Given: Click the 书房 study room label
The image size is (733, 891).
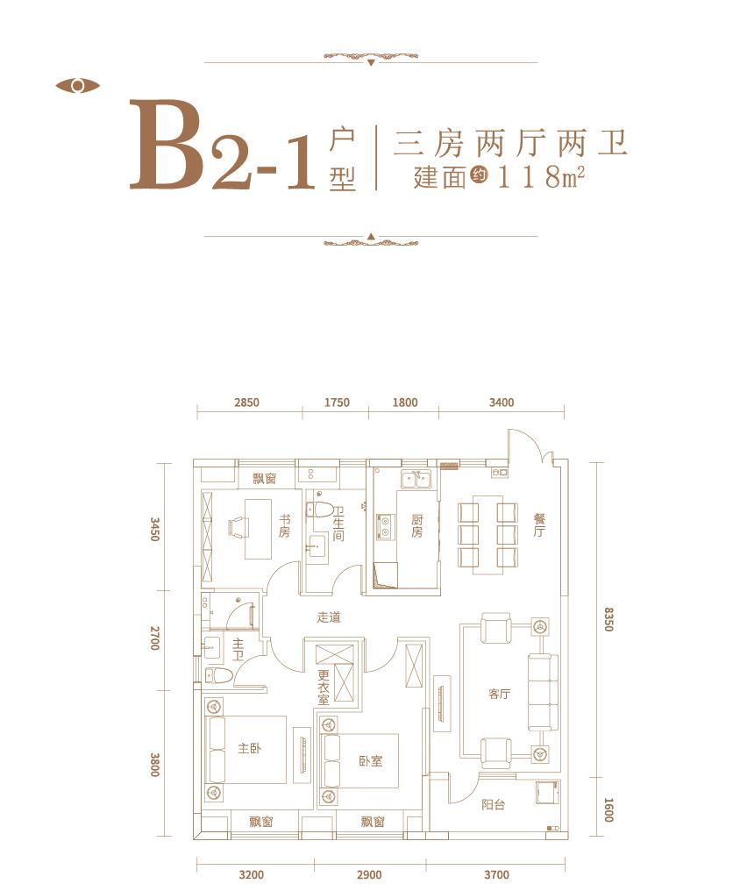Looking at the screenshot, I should [284, 525].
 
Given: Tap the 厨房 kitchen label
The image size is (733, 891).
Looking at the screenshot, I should [417, 525].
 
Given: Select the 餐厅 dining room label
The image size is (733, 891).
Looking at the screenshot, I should [538, 525].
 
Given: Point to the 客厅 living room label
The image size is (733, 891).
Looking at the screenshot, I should [499, 694].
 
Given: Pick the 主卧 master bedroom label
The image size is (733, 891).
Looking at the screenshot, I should [249, 749].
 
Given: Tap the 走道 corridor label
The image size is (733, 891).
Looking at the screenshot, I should [328, 617].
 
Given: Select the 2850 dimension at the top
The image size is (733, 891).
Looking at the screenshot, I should [247, 403].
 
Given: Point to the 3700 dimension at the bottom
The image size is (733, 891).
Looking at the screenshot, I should [495, 874].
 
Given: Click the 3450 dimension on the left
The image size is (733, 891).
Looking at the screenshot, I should [154, 530].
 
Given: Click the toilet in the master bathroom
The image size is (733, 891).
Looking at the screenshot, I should [218, 675].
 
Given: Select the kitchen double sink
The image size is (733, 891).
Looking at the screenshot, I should [416, 479].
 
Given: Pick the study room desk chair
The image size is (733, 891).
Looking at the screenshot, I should [237, 525].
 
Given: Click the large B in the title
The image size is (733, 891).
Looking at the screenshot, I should [168, 146].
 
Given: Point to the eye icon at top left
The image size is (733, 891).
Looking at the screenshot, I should [77, 86].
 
